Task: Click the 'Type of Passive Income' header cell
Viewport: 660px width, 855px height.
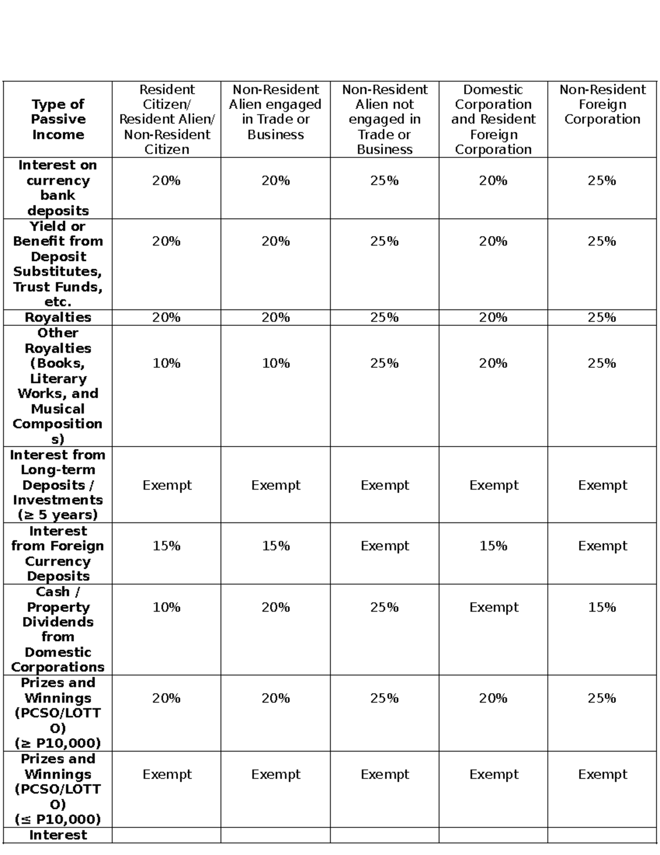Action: click(x=58, y=119)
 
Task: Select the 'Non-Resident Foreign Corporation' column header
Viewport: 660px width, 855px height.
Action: click(x=602, y=105)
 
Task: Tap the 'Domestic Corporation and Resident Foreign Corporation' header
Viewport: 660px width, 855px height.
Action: click(x=493, y=119)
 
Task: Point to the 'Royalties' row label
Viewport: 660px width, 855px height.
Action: click(x=58, y=318)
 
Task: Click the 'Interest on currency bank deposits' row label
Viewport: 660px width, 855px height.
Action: click(x=58, y=188)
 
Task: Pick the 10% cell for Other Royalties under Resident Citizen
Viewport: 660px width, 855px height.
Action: click(x=167, y=363)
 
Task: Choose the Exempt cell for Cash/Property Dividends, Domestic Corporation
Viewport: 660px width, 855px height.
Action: click(x=493, y=607)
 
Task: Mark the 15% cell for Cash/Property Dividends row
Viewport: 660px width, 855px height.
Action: click(x=602, y=607)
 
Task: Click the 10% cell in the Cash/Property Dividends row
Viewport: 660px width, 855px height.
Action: click(x=167, y=607)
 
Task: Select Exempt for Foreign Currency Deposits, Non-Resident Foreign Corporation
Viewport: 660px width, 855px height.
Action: click(x=602, y=546)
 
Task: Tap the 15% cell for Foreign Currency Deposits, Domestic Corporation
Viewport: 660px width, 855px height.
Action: click(x=493, y=546)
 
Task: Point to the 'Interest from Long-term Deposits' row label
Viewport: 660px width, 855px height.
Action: click(x=58, y=485)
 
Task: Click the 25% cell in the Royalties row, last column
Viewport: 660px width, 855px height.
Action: click(x=602, y=318)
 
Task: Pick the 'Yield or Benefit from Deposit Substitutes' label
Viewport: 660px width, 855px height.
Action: click(x=58, y=264)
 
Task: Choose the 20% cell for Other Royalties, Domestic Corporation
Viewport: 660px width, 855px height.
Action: click(x=493, y=363)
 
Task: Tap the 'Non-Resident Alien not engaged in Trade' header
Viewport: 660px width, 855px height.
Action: click(x=384, y=119)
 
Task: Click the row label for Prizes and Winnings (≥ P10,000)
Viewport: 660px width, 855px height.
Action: click(x=58, y=713)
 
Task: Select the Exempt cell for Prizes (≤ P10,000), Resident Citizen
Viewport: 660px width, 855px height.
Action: click(x=167, y=775)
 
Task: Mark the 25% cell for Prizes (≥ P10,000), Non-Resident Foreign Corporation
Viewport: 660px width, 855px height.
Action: click(x=602, y=699)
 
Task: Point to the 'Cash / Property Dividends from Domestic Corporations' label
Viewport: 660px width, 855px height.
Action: click(x=58, y=629)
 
